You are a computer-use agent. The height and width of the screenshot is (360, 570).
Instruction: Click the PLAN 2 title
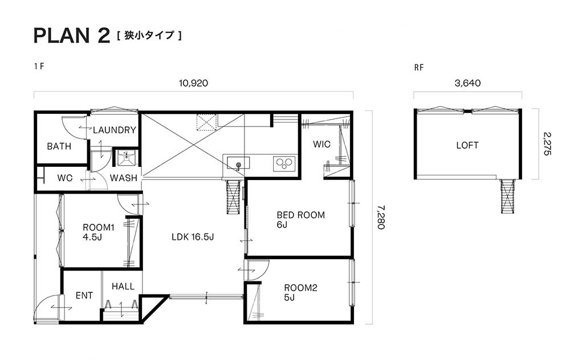coord(72,35)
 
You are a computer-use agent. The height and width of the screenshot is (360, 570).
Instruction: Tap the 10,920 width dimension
coord(193,83)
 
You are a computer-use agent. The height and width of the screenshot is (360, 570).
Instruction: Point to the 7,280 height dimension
coord(381,217)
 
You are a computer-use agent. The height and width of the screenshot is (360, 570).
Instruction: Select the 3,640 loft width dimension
coord(467,83)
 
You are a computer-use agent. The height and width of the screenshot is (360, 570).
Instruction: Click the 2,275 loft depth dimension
coord(547,144)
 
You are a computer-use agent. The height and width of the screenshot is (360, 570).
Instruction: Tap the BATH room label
coord(59,146)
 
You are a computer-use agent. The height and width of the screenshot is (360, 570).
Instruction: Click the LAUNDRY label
coord(114,130)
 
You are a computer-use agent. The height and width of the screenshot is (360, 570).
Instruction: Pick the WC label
coord(65,178)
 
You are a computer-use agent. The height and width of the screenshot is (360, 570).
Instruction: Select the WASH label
coord(124,178)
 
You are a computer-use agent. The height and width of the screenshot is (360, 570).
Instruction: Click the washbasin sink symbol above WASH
coord(127,158)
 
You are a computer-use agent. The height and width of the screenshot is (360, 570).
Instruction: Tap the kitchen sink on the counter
coord(238,163)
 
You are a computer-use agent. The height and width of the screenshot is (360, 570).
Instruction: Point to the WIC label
coord(321,144)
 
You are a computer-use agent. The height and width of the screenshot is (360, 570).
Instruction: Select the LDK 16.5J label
coord(193,237)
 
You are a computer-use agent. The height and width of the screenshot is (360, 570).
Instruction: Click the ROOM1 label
coord(99,228)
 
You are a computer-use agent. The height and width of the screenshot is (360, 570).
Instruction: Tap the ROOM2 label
coord(300,288)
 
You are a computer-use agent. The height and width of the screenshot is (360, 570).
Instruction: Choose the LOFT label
coord(467,145)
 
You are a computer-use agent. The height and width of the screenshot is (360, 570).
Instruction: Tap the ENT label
coord(84,296)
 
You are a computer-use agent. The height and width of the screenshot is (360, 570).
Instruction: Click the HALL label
coord(123,287)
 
